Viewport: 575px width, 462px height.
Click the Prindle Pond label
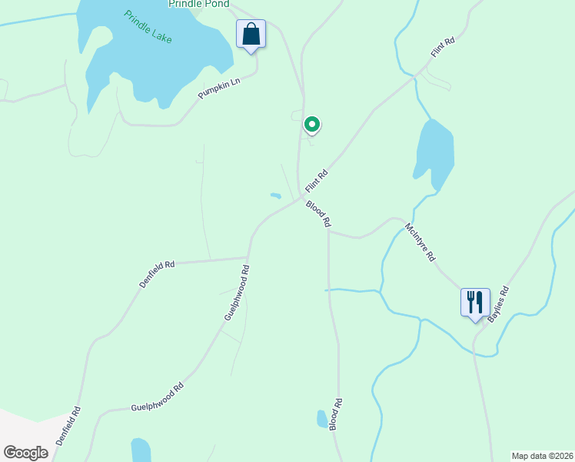point(198,5)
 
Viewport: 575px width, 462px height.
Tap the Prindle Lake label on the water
point(148,27)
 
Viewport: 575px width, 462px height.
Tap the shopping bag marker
point(251,35)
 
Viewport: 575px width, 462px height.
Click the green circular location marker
point(311,124)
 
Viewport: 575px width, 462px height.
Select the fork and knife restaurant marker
point(475,302)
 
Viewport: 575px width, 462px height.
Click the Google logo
point(25,453)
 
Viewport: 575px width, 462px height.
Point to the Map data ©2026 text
point(542,456)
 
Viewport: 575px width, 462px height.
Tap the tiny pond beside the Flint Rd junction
point(275,196)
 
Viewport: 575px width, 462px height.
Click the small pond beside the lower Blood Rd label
point(322,418)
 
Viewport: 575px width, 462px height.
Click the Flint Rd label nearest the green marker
point(317,181)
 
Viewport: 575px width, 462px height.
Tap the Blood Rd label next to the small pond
point(336,414)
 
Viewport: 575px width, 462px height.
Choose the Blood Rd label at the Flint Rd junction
point(318,213)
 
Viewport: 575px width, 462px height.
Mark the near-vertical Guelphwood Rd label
point(237,293)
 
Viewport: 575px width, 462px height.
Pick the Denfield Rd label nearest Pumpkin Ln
point(157,274)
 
